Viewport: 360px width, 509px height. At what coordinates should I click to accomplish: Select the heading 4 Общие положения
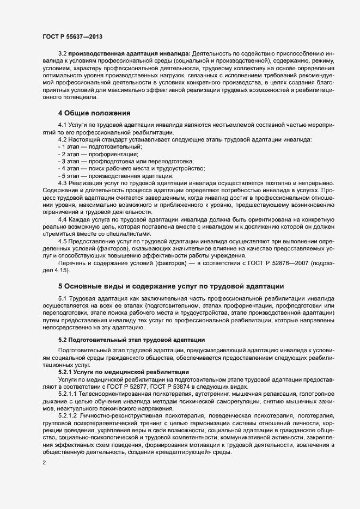pos(94,113)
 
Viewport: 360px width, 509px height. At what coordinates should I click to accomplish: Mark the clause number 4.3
pos(62,183)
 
